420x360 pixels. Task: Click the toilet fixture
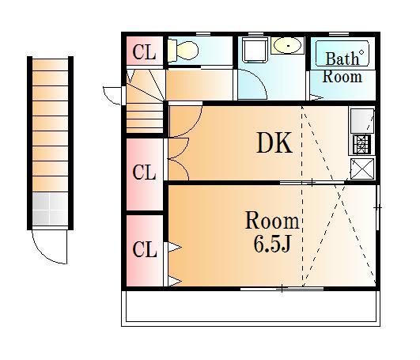(x=184, y=50)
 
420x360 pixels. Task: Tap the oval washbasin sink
(x=288, y=46)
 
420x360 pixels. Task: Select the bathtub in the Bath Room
(x=342, y=53)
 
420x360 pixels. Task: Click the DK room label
(x=274, y=143)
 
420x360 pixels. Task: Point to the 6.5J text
(x=271, y=244)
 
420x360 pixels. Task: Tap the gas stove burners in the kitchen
(x=362, y=144)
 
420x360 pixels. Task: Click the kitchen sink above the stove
(x=362, y=120)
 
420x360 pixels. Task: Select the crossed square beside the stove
(x=362, y=169)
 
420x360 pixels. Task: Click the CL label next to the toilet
(x=144, y=52)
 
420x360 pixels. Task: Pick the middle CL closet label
(x=144, y=172)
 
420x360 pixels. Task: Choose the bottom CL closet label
(x=144, y=249)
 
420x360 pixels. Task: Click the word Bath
(x=342, y=59)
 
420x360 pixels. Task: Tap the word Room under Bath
(x=342, y=77)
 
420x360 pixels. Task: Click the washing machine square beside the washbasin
(x=255, y=50)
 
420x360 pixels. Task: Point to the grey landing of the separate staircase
(x=50, y=209)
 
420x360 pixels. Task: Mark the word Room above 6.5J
(x=272, y=222)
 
